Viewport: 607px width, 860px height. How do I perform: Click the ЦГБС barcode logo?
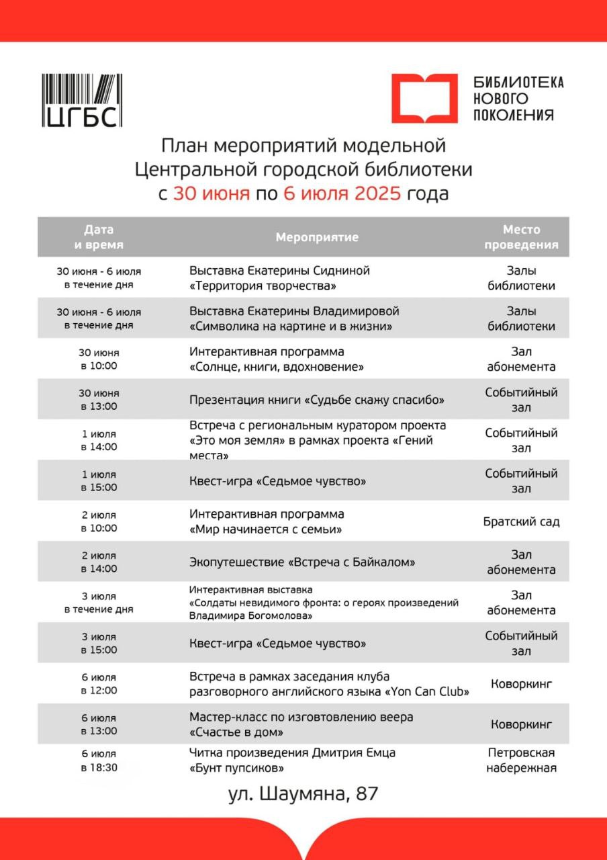click(82, 101)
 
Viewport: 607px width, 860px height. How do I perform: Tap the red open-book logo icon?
click(424, 98)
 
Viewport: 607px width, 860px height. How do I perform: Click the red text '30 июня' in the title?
click(211, 193)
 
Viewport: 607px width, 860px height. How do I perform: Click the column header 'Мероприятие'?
click(317, 237)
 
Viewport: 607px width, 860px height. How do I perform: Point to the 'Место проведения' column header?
click(521, 237)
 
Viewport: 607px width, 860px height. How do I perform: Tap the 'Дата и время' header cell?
click(99, 237)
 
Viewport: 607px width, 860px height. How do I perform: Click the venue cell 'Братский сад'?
click(521, 521)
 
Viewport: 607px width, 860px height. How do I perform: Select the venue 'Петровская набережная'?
click(521, 760)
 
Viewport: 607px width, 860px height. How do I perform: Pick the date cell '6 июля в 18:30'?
click(99, 760)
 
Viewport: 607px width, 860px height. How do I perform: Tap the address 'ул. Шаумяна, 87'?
click(303, 793)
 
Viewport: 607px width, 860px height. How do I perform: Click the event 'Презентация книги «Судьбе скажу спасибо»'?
click(318, 400)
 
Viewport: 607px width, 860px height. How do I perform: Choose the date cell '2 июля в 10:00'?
click(99, 521)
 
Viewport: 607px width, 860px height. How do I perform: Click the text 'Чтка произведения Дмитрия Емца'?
click(292, 752)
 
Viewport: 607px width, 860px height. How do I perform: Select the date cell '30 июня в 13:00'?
click(99, 400)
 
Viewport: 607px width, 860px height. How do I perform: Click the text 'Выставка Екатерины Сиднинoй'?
click(279, 271)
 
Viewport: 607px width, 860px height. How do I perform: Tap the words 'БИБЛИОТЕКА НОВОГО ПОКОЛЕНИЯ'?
click(518, 98)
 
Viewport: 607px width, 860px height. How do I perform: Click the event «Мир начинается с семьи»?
click(267, 529)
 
